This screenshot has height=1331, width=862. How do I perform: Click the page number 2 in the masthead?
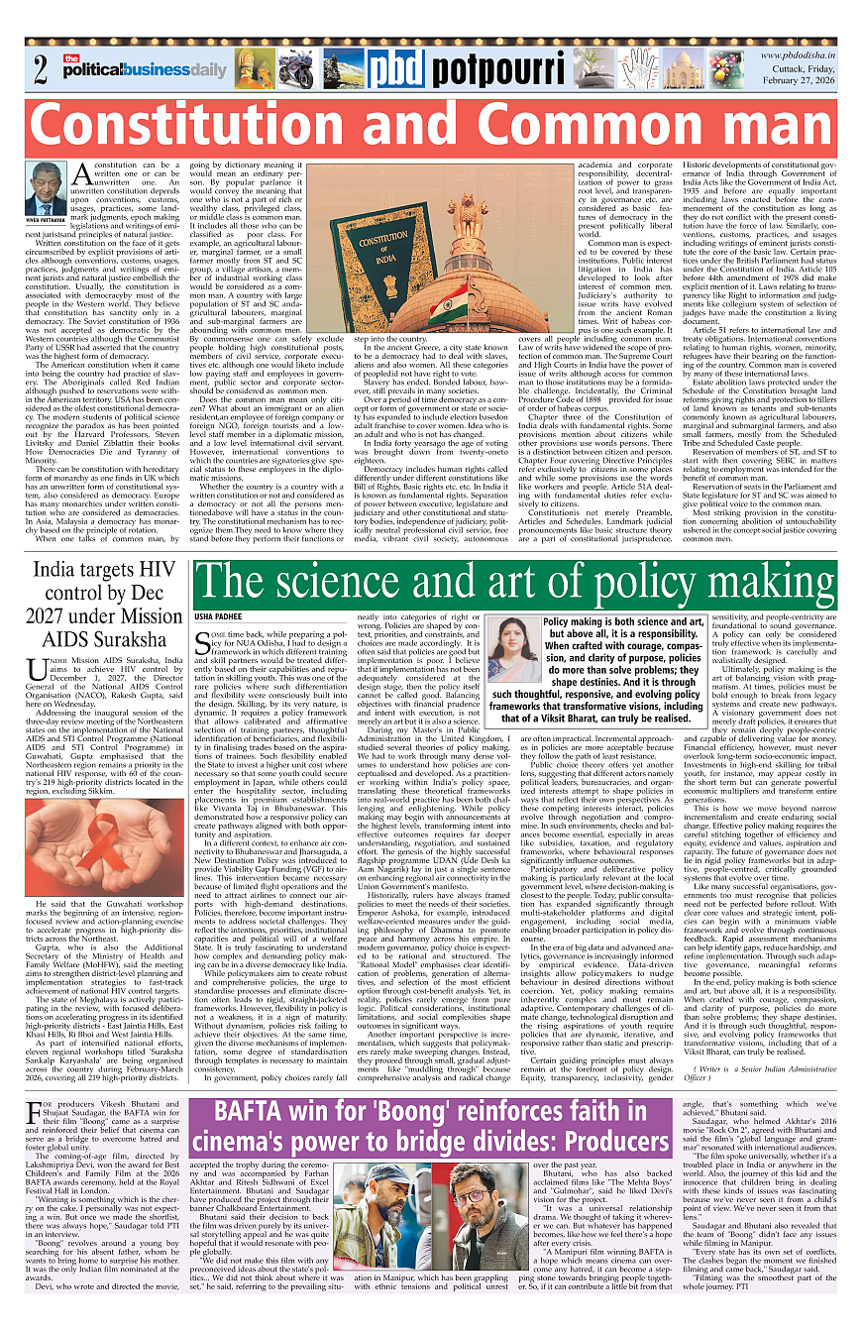pyautogui.click(x=40, y=70)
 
